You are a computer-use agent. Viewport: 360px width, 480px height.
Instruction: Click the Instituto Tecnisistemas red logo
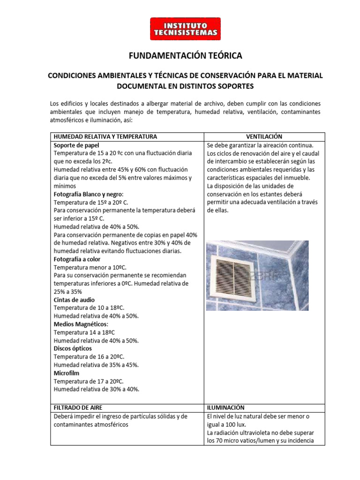point(185,29)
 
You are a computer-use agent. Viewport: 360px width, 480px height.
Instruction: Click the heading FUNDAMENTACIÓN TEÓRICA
point(185,56)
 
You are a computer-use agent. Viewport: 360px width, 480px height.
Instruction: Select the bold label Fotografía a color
point(77,259)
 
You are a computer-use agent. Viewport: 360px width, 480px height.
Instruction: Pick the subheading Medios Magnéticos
point(81,324)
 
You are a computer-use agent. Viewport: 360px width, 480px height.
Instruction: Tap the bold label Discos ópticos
point(73,349)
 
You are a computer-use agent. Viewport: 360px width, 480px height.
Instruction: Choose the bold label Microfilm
point(67,373)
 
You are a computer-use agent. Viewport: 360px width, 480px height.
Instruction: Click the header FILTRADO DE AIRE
point(78,408)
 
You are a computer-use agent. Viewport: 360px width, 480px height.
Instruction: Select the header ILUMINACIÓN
point(225,408)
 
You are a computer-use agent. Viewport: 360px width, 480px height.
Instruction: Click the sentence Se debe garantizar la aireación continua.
point(260,145)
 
